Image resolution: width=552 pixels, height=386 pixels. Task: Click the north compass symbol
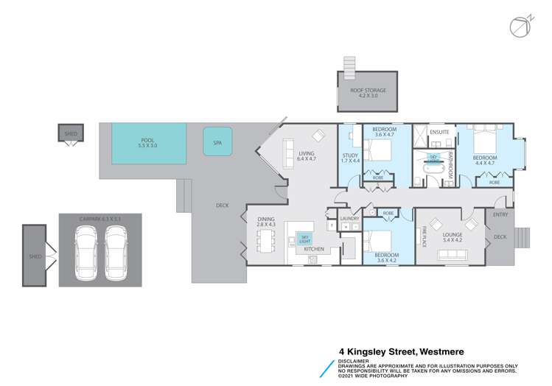point(520,25)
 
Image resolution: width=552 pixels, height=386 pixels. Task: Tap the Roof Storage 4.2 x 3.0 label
point(368,94)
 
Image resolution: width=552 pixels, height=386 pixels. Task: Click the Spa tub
point(217,141)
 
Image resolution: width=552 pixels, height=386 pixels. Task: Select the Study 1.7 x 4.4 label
point(350,158)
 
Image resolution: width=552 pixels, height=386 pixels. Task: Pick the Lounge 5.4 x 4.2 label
point(453,237)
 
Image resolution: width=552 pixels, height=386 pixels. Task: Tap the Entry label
point(500,214)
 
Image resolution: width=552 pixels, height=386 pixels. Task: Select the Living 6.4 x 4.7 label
point(305,155)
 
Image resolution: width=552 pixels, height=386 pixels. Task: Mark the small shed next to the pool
point(71,134)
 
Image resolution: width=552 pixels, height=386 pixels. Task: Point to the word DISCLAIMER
point(354,361)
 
